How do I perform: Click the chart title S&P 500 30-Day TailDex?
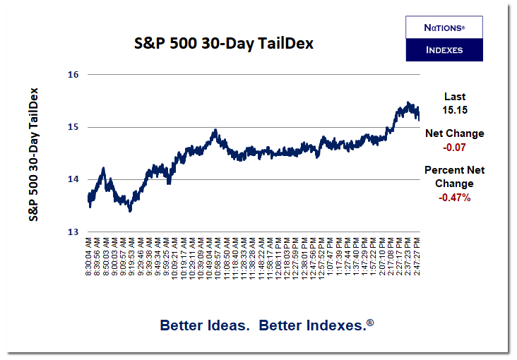223,44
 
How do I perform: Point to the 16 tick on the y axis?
73,75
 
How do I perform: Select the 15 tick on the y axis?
73,127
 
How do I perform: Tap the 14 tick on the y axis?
73,179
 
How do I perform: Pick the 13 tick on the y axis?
73,232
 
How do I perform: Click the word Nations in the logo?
444,28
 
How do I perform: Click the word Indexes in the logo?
444,50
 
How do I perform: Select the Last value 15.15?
454,110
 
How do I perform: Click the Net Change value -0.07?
454,147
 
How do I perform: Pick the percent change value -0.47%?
454,197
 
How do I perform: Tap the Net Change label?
454,133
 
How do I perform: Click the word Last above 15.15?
454,97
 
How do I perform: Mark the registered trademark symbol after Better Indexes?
370,322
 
